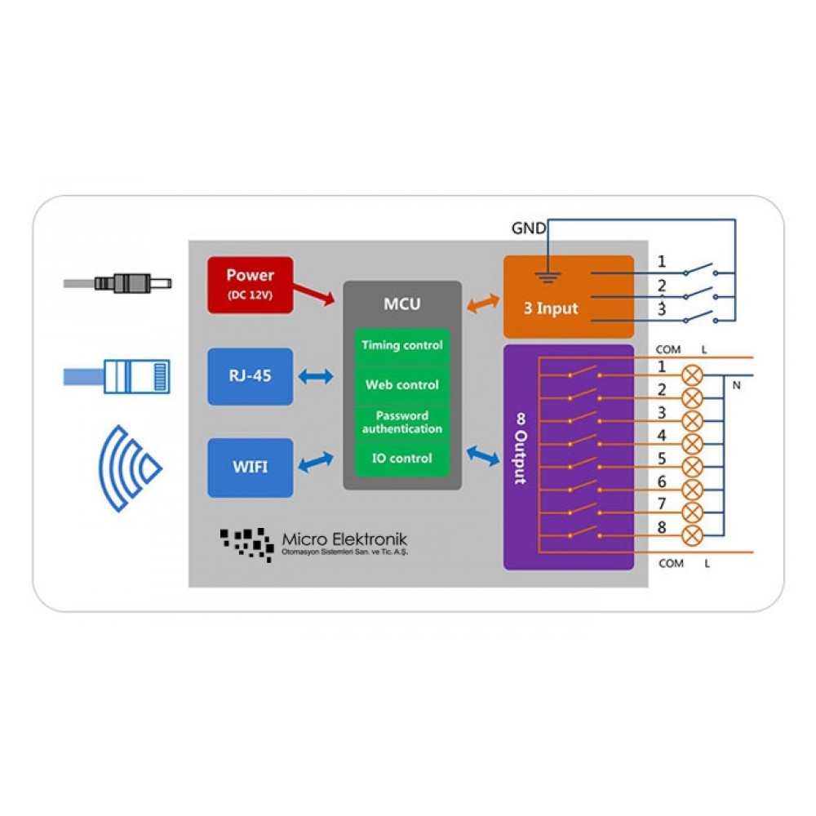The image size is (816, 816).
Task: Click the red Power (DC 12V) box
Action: pos(251,285)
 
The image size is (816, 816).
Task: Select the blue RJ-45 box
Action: pos(251,376)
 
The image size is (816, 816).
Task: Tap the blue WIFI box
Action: pos(251,468)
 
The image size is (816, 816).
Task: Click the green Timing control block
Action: pos(401,345)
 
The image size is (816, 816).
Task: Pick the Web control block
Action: pos(401,385)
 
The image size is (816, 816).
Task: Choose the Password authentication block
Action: pos(401,423)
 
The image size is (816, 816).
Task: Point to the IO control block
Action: pos(401,459)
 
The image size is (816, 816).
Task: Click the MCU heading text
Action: pos(401,304)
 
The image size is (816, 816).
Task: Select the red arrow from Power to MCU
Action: pos(314,294)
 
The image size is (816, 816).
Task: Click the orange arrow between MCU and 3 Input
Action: pos(483,304)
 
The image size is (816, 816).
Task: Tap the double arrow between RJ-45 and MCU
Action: pos(316,376)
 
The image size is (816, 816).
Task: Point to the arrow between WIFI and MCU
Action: pos(316,462)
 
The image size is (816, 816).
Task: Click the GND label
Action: pos(529,228)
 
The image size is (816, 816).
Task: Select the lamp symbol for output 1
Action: pos(692,375)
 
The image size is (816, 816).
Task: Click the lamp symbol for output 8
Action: pos(692,535)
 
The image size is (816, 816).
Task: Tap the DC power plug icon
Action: pos(117,284)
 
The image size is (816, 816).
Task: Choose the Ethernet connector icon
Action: pos(117,376)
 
